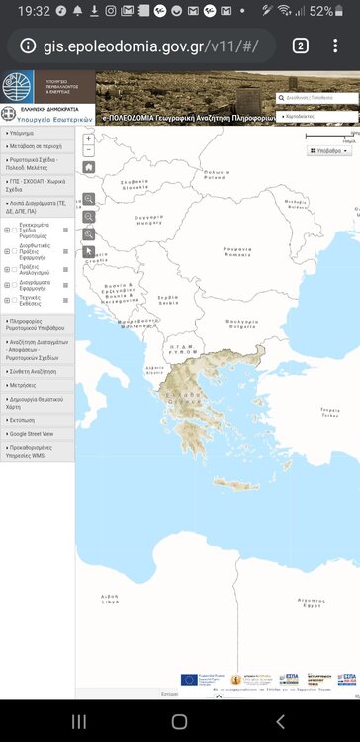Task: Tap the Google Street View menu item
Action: (33, 434)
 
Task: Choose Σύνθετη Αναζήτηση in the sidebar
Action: (34, 372)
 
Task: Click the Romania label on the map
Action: (237, 251)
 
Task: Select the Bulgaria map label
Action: (241, 322)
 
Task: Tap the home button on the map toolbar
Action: (89, 168)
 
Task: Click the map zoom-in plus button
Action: (89, 139)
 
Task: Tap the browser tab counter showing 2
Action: (301, 46)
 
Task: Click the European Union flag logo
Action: (191, 679)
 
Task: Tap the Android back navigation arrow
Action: (280, 721)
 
